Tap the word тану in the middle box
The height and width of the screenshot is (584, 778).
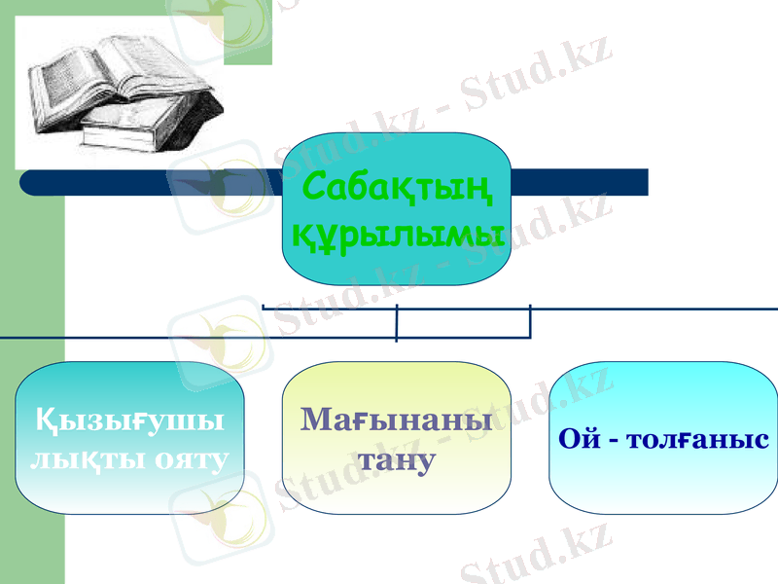pos(396,458)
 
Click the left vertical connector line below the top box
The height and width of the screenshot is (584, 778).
pos(397,323)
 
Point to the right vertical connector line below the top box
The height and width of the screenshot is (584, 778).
pos(530,322)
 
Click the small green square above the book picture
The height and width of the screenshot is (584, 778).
pos(248,39)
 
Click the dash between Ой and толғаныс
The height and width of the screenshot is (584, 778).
pos(611,440)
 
